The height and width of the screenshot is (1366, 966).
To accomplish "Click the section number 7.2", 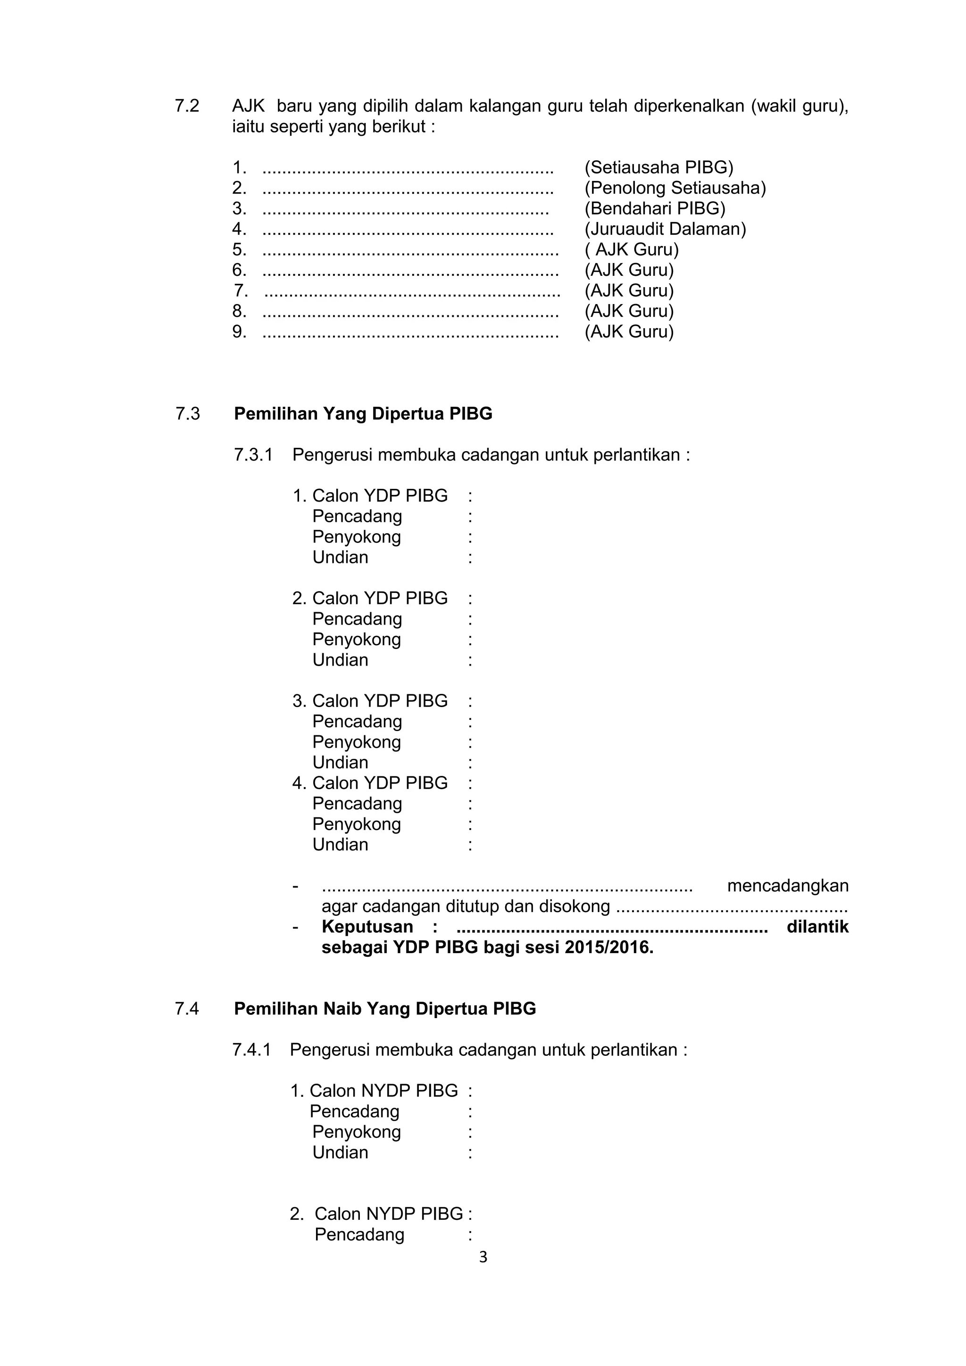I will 187,106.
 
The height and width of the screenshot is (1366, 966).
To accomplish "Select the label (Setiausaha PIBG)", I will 658,167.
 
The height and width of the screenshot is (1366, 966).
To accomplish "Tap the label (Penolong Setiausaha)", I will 675,188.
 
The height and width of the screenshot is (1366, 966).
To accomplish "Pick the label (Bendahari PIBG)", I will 655,208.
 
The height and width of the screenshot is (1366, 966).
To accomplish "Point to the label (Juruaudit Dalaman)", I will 665,229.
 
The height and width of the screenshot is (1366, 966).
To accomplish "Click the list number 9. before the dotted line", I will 239,331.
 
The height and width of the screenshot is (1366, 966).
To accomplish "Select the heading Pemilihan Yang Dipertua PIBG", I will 363,413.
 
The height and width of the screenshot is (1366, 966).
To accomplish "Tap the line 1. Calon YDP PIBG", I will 370,495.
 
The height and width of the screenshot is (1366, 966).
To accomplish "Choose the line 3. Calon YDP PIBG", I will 370,701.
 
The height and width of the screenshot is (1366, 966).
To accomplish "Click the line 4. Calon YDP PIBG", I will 370,783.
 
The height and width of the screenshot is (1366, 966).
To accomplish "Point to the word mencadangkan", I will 787,886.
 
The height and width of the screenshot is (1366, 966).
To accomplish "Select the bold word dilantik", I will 817,927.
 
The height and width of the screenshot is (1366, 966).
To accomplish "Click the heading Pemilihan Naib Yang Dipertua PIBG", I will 384,1008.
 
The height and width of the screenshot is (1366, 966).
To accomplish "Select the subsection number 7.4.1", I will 251,1050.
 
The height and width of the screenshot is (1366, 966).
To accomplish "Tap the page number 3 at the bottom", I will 483,1257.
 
